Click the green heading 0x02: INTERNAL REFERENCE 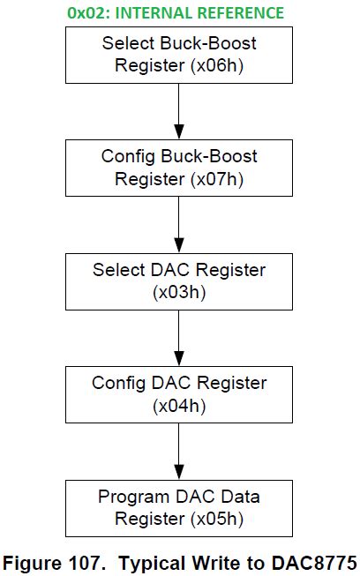click(x=175, y=12)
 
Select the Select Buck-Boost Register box click(x=179, y=54)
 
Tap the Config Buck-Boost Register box click(x=179, y=168)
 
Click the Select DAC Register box click(x=179, y=281)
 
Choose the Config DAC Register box click(x=179, y=394)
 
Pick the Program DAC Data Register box click(x=179, y=507)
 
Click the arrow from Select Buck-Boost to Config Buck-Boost click(x=179, y=110)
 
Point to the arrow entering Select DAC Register click(x=179, y=224)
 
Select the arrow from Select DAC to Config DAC click(x=179, y=337)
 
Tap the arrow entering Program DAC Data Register click(x=179, y=451)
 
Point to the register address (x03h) click(x=179, y=292)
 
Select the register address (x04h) click(x=179, y=406)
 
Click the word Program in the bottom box click(x=132, y=497)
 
